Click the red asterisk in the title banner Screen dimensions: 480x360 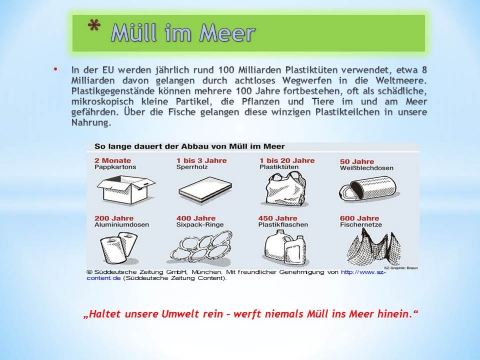[x=94, y=25]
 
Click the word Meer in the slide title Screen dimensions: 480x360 [x=227, y=32]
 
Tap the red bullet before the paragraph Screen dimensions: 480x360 [x=55, y=69]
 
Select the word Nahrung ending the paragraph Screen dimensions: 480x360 [x=91, y=123]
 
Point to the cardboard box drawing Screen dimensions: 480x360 [x=126, y=190]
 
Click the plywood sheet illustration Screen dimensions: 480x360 [x=205, y=190]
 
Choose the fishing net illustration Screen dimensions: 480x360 [x=374, y=249]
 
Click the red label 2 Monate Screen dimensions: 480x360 [x=112, y=161]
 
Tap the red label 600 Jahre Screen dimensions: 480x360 [x=359, y=218]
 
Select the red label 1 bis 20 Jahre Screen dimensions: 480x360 [x=287, y=161]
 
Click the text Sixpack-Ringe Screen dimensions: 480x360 [x=200, y=225]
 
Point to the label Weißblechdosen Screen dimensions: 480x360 [x=367, y=168]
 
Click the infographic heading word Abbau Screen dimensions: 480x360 [x=192, y=146]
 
